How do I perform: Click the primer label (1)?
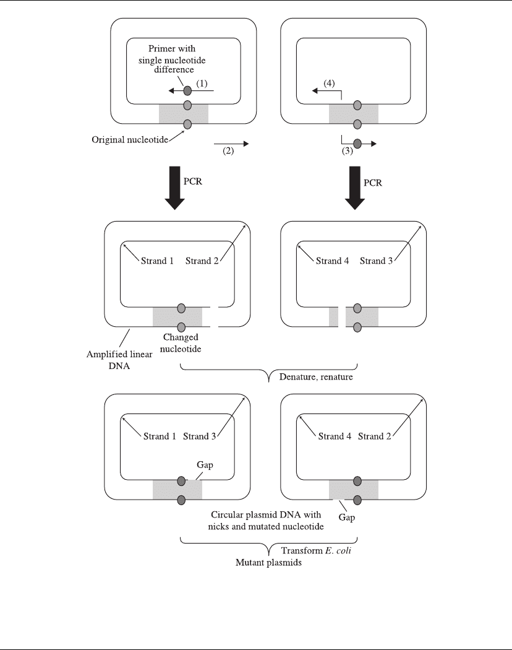coord(202,84)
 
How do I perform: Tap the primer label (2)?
coord(228,151)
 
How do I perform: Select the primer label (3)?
coord(347,151)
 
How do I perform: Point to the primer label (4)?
coord(329,84)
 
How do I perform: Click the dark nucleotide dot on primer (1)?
coord(187,90)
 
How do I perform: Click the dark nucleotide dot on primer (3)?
coord(357,144)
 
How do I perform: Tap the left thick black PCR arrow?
coord(175,188)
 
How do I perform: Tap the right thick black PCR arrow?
coord(355,188)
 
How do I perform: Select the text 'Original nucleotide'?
coord(130,140)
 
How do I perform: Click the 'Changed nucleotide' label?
coord(181,343)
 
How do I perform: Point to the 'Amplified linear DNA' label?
coord(119,360)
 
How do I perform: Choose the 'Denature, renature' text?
coord(316,377)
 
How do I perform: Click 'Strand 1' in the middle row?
coord(157,261)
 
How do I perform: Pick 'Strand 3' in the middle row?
coord(376,261)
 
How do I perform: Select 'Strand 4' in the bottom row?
coord(335,436)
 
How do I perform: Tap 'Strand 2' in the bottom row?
coord(375,436)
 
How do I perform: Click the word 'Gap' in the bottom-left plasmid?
coord(205,465)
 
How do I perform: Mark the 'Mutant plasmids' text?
coord(268,563)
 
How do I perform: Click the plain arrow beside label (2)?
coord(231,144)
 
